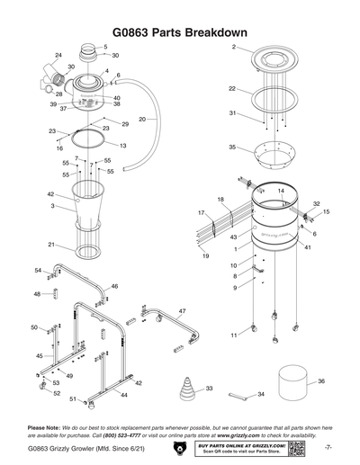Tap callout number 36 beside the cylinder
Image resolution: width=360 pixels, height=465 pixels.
coord(321,381)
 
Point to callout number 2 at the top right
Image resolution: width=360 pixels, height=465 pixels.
coord(233,46)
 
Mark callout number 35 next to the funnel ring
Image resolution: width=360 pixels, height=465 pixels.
coord(232,147)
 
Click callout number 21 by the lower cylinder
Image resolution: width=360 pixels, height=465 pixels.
coord(51,245)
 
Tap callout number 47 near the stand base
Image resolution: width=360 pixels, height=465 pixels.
coord(182,311)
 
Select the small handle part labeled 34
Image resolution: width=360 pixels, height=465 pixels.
coord(242,394)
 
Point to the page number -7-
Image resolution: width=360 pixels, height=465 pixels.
coord(328,447)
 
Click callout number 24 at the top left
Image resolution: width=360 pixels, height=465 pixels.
coord(58,56)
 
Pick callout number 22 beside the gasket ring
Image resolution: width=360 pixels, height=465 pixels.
coord(232,89)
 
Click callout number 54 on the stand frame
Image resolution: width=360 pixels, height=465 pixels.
coord(38,270)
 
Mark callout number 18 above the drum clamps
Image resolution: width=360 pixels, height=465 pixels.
coord(220,199)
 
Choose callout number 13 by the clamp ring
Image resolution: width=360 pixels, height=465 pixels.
coord(122,145)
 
